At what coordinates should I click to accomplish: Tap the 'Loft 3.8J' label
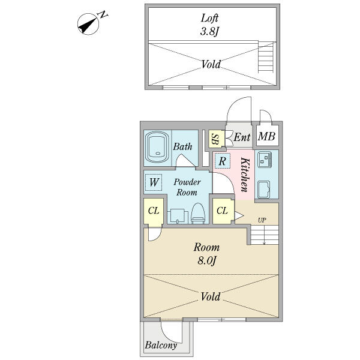coord(209,25)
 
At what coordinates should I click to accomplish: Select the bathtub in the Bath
coord(158,148)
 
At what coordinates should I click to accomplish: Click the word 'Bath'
coord(182,146)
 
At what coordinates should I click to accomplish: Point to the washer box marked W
coord(154,182)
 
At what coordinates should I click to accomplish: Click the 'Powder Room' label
coord(187,187)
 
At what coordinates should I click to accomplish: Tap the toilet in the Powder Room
coord(197,213)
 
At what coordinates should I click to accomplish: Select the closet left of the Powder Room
coord(154,211)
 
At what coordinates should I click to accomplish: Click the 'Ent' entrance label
coord(242,137)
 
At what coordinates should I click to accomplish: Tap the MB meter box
coord(267,136)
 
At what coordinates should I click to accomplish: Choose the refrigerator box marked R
coord(222,161)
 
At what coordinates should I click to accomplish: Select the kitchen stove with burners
coord(265,159)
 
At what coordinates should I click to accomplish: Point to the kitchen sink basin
coord(263,189)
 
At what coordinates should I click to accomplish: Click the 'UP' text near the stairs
coord(262,220)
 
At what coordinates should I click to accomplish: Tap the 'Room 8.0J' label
coord(206,254)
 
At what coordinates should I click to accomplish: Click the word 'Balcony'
coord(161,345)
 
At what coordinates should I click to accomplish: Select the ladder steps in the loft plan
coord(266,58)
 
